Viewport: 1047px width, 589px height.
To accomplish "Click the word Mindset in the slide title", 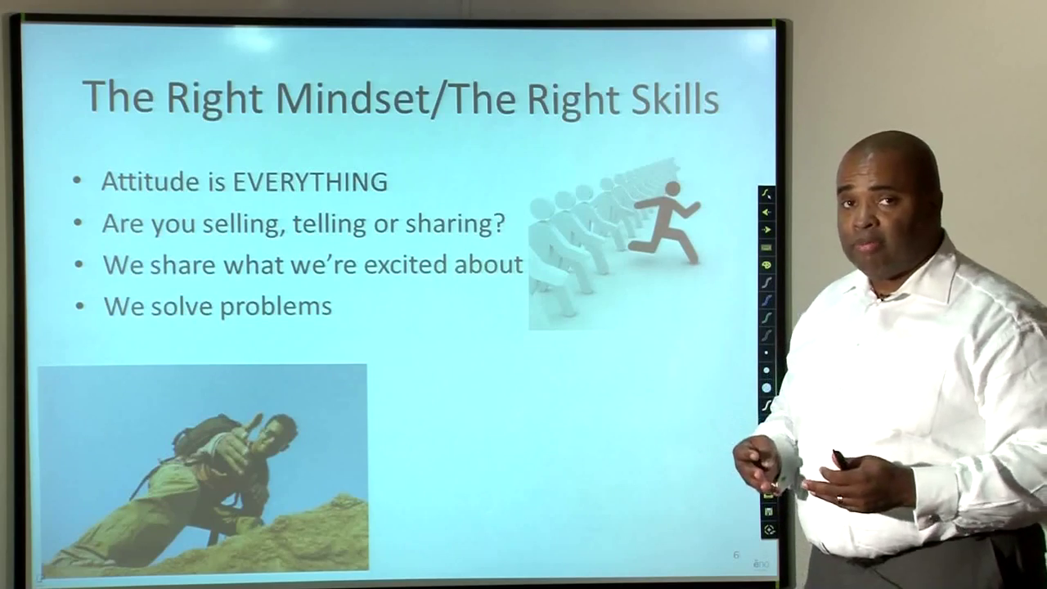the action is [x=351, y=97].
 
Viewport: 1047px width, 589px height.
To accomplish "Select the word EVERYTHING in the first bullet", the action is [x=310, y=182].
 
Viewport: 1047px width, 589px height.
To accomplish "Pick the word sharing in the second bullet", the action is [x=456, y=223].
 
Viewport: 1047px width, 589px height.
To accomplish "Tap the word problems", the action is [x=276, y=307].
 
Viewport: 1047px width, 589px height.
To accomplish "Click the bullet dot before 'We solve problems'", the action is [x=80, y=307].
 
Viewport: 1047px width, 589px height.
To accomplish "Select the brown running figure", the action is [x=665, y=221].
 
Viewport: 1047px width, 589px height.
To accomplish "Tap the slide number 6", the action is [x=736, y=555].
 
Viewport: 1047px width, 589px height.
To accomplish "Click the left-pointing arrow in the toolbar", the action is [x=766, y=212].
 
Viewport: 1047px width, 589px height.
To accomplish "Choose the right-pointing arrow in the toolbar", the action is [x=766, y=230].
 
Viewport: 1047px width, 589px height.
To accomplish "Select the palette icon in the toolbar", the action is [x=766, y=265].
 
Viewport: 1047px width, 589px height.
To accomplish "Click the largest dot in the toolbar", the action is [x=766, y=388].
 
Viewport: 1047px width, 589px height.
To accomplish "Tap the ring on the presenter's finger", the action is [x=840, y=499].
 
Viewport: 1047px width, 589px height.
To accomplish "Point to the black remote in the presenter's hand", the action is [x=839, y=459].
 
